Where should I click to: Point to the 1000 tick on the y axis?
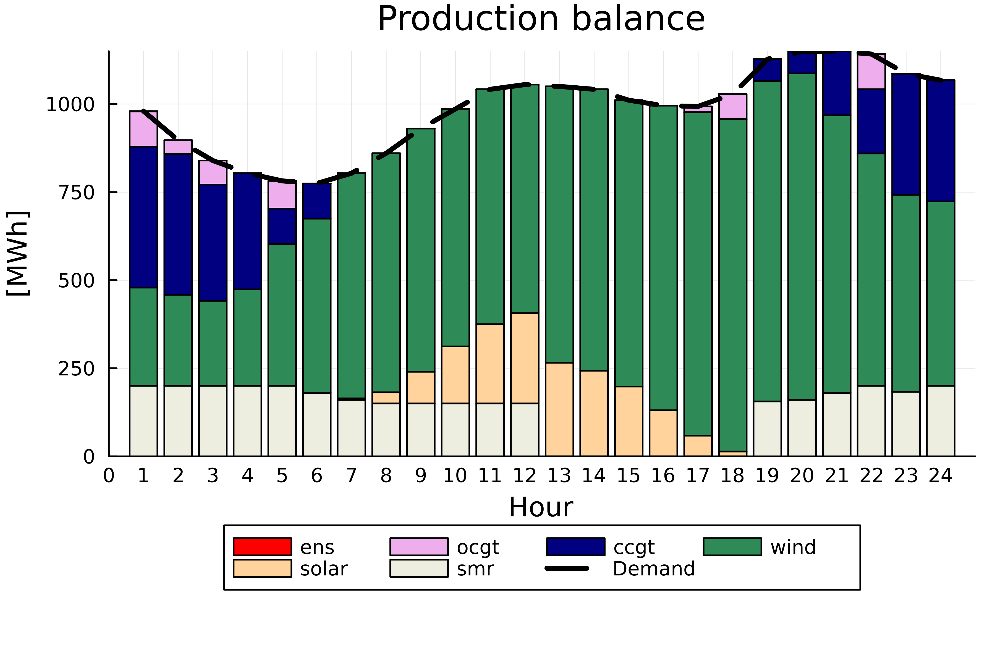[70, 104]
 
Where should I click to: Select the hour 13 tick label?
[559, 476]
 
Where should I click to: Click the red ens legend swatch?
[262, 547]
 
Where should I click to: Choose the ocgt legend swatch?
[419, 547]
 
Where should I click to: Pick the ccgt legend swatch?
[575, 547]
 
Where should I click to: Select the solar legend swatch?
[262, 568]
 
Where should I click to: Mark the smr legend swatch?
[419, 568]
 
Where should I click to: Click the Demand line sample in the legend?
[567, 568]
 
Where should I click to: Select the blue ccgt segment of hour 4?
[247, 231]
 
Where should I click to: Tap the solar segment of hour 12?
[525, 358]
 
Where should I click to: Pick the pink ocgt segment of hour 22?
[871, 72]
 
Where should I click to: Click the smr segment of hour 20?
[802, 428]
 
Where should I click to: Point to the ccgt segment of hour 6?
[317, 201]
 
